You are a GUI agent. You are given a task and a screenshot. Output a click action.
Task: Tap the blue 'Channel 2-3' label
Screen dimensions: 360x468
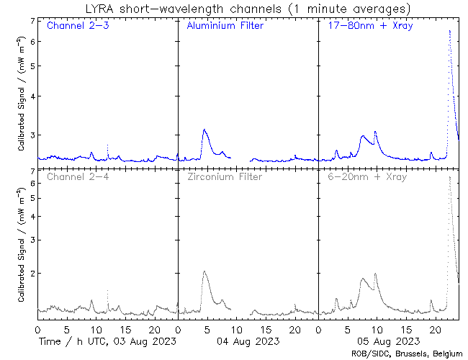[74, 27]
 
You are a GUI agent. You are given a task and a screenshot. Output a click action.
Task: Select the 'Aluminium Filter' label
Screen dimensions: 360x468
[225, 27]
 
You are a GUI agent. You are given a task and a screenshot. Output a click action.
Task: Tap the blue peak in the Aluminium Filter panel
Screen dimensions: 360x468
[204, 130]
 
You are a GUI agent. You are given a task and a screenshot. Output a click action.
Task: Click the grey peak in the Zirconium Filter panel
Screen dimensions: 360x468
[204, 272]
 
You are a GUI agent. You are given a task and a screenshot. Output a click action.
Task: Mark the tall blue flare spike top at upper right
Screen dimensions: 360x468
[450, 31]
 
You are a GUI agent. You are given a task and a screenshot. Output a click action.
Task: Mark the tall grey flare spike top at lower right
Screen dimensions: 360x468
[450, 177]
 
